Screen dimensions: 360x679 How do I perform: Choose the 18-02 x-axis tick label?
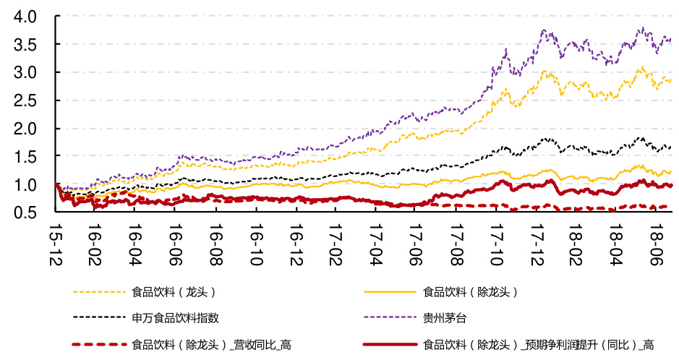(576, 244)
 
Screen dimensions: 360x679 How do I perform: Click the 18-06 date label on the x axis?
(656, 244)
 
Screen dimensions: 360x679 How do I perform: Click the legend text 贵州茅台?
(443, 317)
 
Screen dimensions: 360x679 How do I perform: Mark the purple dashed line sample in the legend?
(390, 317)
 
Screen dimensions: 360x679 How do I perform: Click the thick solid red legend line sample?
(390, 344)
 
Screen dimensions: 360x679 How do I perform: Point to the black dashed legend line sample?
(99, 317)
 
